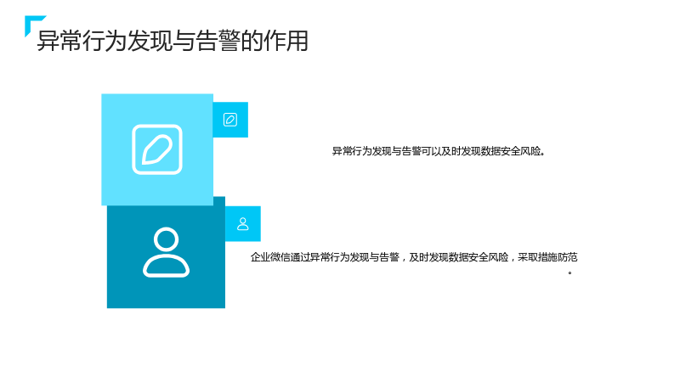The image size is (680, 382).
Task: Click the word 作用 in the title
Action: [x=286, y=41]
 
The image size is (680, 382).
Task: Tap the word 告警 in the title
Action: [x=218, y=41]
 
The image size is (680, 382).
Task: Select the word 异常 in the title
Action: [x=59, y=41]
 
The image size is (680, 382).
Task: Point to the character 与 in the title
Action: [x=184, y=41]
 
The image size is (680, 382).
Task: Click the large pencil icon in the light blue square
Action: [x=157, y=149]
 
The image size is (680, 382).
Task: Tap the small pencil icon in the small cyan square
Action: [x=230, y=120]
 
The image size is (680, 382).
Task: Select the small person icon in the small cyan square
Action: [x=243, y=224]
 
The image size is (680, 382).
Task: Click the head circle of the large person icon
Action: [x=166, y=239]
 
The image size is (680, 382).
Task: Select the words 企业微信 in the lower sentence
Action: [x=270, y=257]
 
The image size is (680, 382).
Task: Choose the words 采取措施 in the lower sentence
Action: [x=538, y=257]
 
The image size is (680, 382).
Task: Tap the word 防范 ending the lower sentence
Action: [x=568, y=257]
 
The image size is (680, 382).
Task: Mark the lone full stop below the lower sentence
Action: [x=569, y=272]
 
